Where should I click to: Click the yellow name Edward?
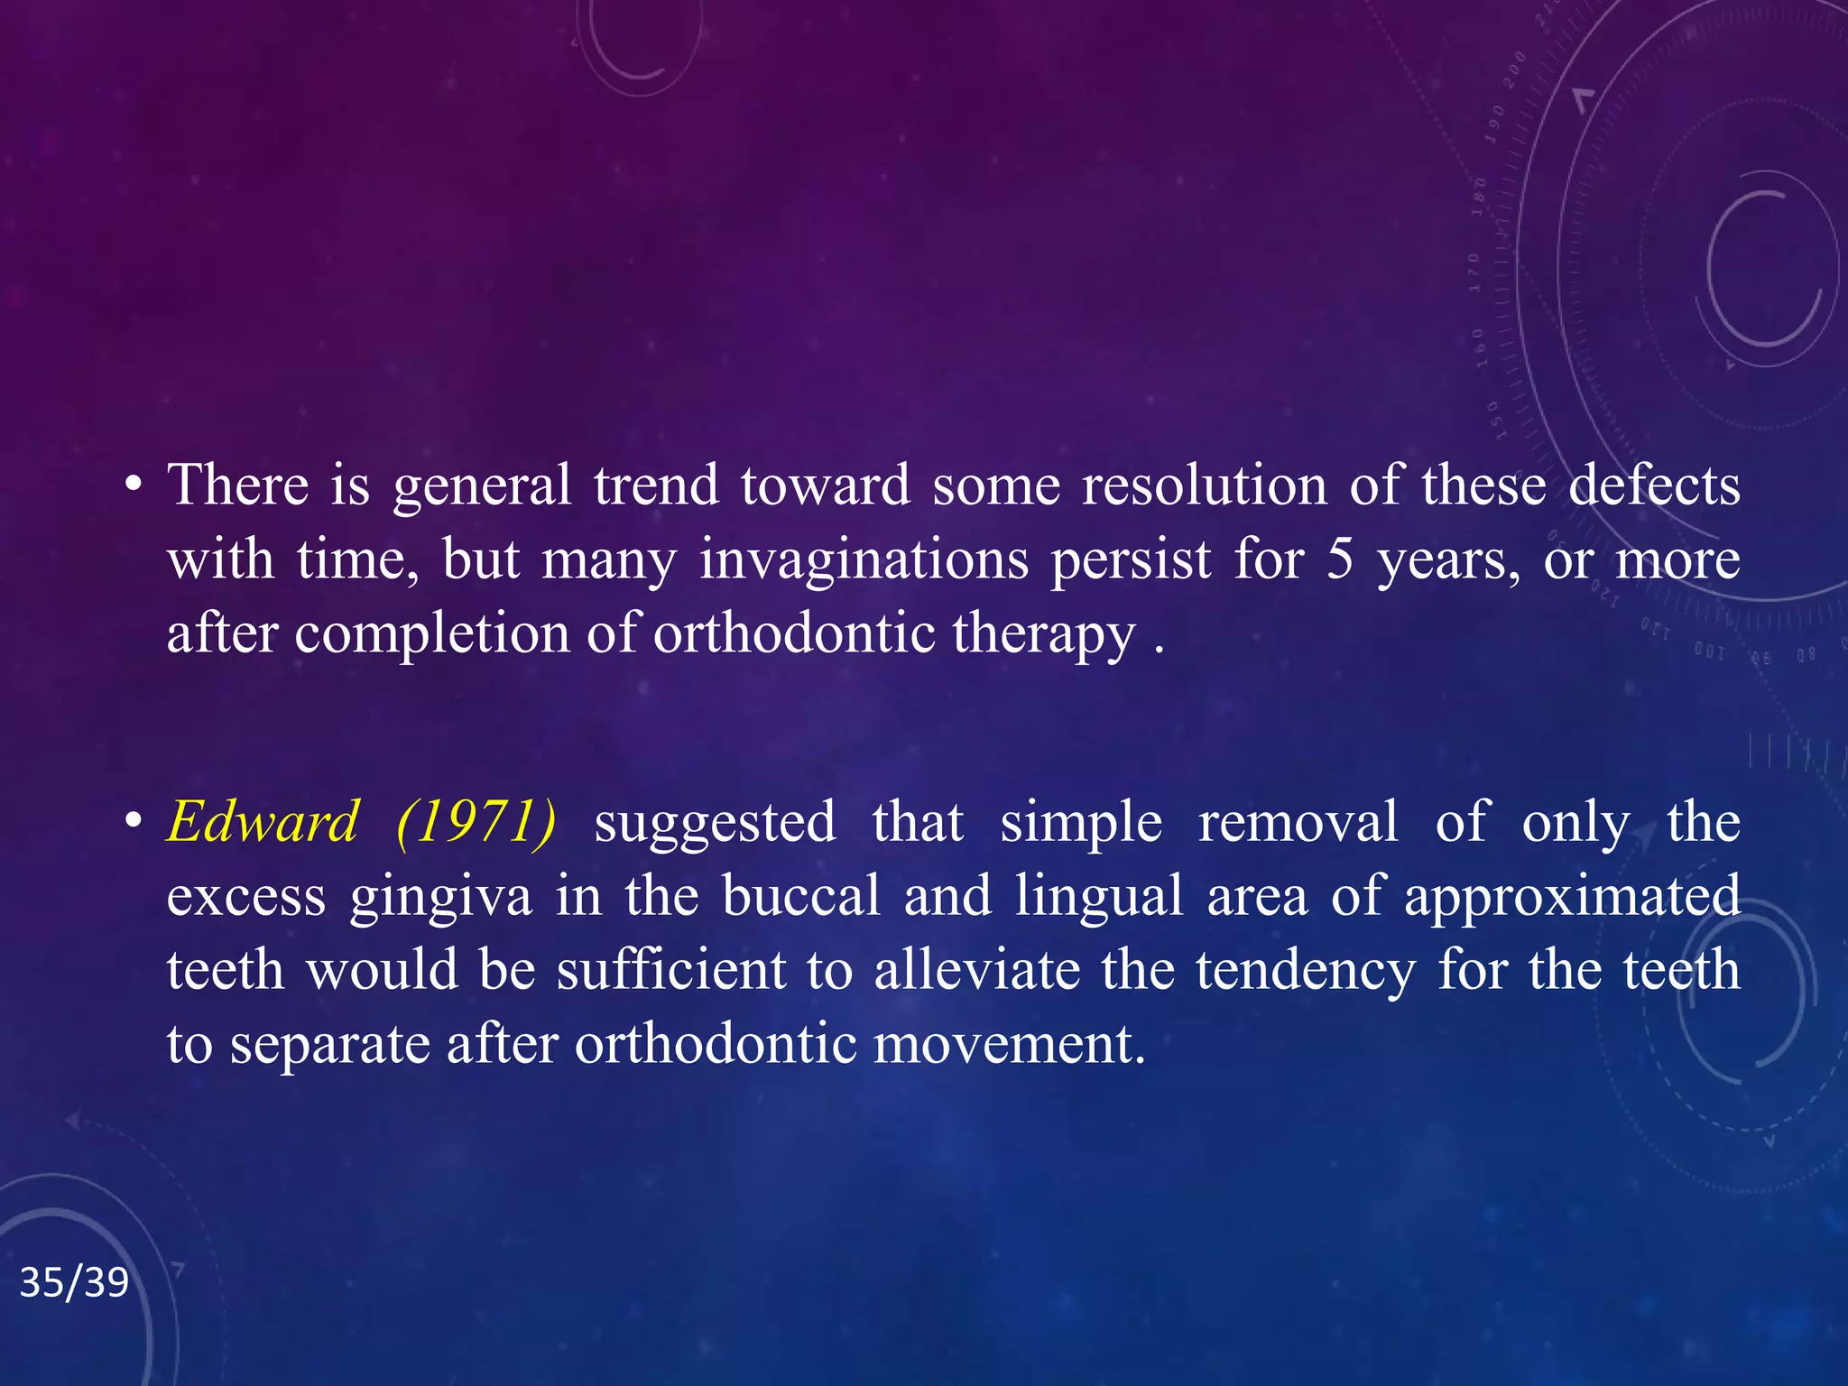[x=263, y=822]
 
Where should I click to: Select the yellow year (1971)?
[x=476, y=822]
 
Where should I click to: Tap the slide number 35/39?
[x=74, y=1282]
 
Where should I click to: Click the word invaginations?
[x=864, y=559]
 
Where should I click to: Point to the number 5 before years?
[x=1340, y=559]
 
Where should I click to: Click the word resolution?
[x=1204, y=485]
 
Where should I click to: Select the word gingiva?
[x=440, y=899]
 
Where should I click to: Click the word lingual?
[x=1098, y=897]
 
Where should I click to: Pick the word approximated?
[x=1571, y=899]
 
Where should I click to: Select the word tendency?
[x=1305, y=972]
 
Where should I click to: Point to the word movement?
[x=1009, y=1044]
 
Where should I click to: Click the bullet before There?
[x=134, y=486]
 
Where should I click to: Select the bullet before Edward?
[x=134, y=823]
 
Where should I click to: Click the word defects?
[x=1654, y=485]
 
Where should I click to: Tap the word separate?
[x=329, y=1046]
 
